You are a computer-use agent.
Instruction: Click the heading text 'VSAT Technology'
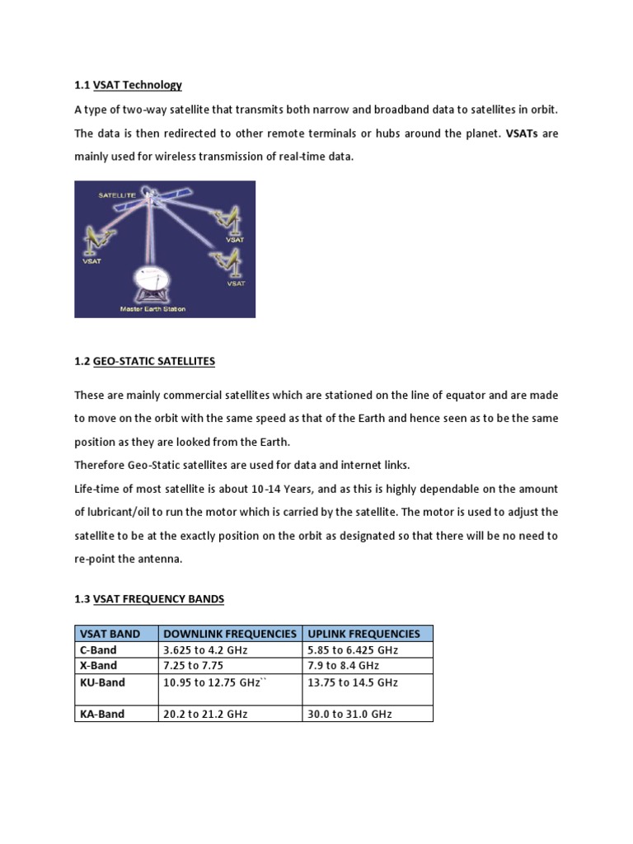pos(138,85)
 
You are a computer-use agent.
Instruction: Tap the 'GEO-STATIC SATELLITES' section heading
pos(154,360)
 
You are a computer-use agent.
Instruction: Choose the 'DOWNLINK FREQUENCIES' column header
pos(230,634)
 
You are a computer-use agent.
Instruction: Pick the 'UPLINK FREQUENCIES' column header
pos(363,634)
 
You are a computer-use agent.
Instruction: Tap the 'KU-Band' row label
pos(102,682)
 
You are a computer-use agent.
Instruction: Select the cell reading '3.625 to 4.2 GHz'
pos(206,650)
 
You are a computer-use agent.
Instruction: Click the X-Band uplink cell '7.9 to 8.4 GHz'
pos(344,665)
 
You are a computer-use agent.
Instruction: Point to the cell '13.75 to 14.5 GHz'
pos(353,682)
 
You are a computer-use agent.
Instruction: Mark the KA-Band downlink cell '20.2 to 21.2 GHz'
pos(206,714)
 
